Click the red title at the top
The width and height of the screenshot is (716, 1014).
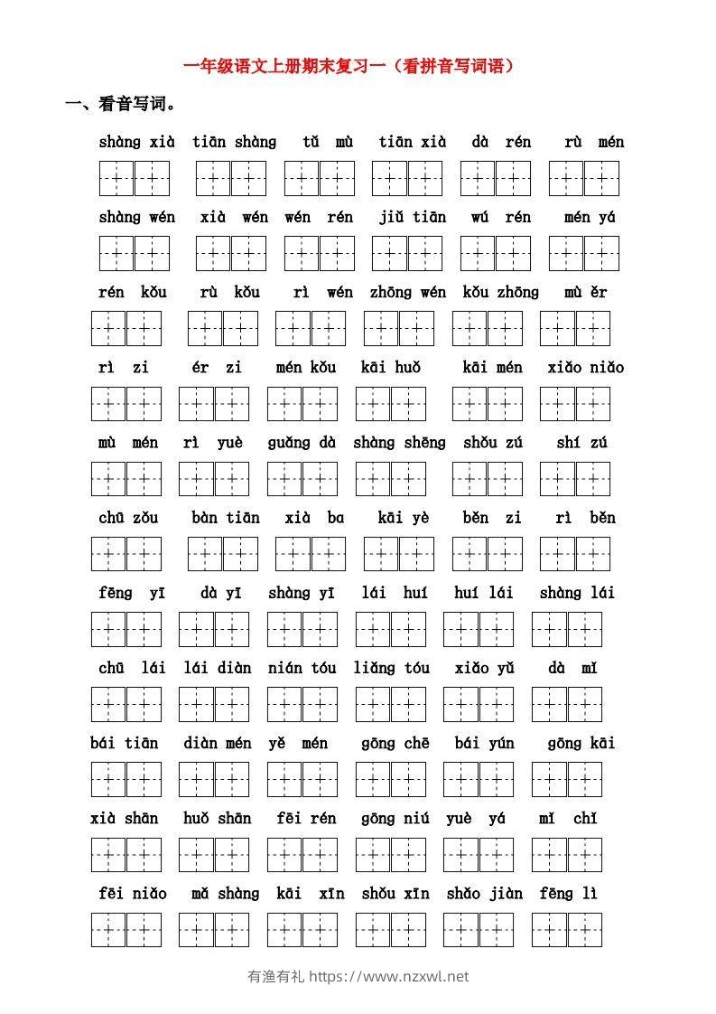coord(349,65)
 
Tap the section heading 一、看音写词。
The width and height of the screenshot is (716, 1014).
coord(118,104)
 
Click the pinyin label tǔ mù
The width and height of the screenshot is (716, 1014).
coord(328,142)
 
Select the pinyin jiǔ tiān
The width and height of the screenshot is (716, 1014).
coord(412,217)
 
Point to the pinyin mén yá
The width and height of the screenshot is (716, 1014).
coord(589,217)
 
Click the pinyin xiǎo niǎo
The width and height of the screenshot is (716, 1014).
coord(585,367)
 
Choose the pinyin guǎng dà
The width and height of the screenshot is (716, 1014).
coord(302,442)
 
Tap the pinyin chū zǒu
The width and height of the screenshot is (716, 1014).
coord(127,518)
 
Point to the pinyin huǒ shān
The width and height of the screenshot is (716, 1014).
coord(217,818)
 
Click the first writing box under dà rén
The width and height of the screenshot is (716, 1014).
coord(478,178)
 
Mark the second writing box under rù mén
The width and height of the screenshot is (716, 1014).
coord(600,178)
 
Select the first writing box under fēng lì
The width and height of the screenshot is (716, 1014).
coord(549,929)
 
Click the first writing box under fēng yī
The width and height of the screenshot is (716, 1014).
coord(108,629)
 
